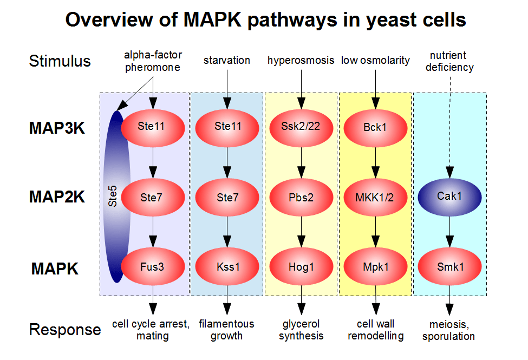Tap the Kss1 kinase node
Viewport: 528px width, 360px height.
point(227,267)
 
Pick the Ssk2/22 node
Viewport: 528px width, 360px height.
point(301,127)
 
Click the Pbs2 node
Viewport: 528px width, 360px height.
point(301,197)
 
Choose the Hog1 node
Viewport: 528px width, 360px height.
point(301,267)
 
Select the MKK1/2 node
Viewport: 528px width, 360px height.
point(375,197)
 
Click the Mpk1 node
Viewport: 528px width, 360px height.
point(375,267)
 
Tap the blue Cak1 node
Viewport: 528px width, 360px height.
point(449,196)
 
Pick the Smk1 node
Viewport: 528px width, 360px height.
point(449,267)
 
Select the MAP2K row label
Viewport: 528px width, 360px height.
point(57,197)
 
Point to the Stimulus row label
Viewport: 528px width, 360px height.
point(60,61)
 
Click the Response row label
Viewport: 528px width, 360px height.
point(64,330)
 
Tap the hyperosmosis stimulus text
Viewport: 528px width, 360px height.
point(301,61)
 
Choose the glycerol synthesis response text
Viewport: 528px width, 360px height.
point(301,330)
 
